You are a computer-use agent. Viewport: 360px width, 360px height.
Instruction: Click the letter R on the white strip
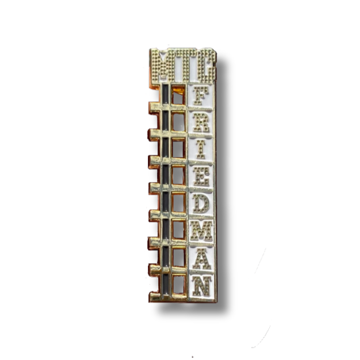[x=202, y=125]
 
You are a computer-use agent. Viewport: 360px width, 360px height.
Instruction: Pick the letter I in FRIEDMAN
[x=202, y=150]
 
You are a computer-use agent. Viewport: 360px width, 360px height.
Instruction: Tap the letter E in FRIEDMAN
[x=202, y=176]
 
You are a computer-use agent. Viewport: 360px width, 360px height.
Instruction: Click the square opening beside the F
[x=178, y=98]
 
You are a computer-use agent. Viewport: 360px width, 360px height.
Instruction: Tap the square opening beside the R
[x=178, y=122]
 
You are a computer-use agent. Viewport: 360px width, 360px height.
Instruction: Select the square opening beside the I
[x=178, y=148]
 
